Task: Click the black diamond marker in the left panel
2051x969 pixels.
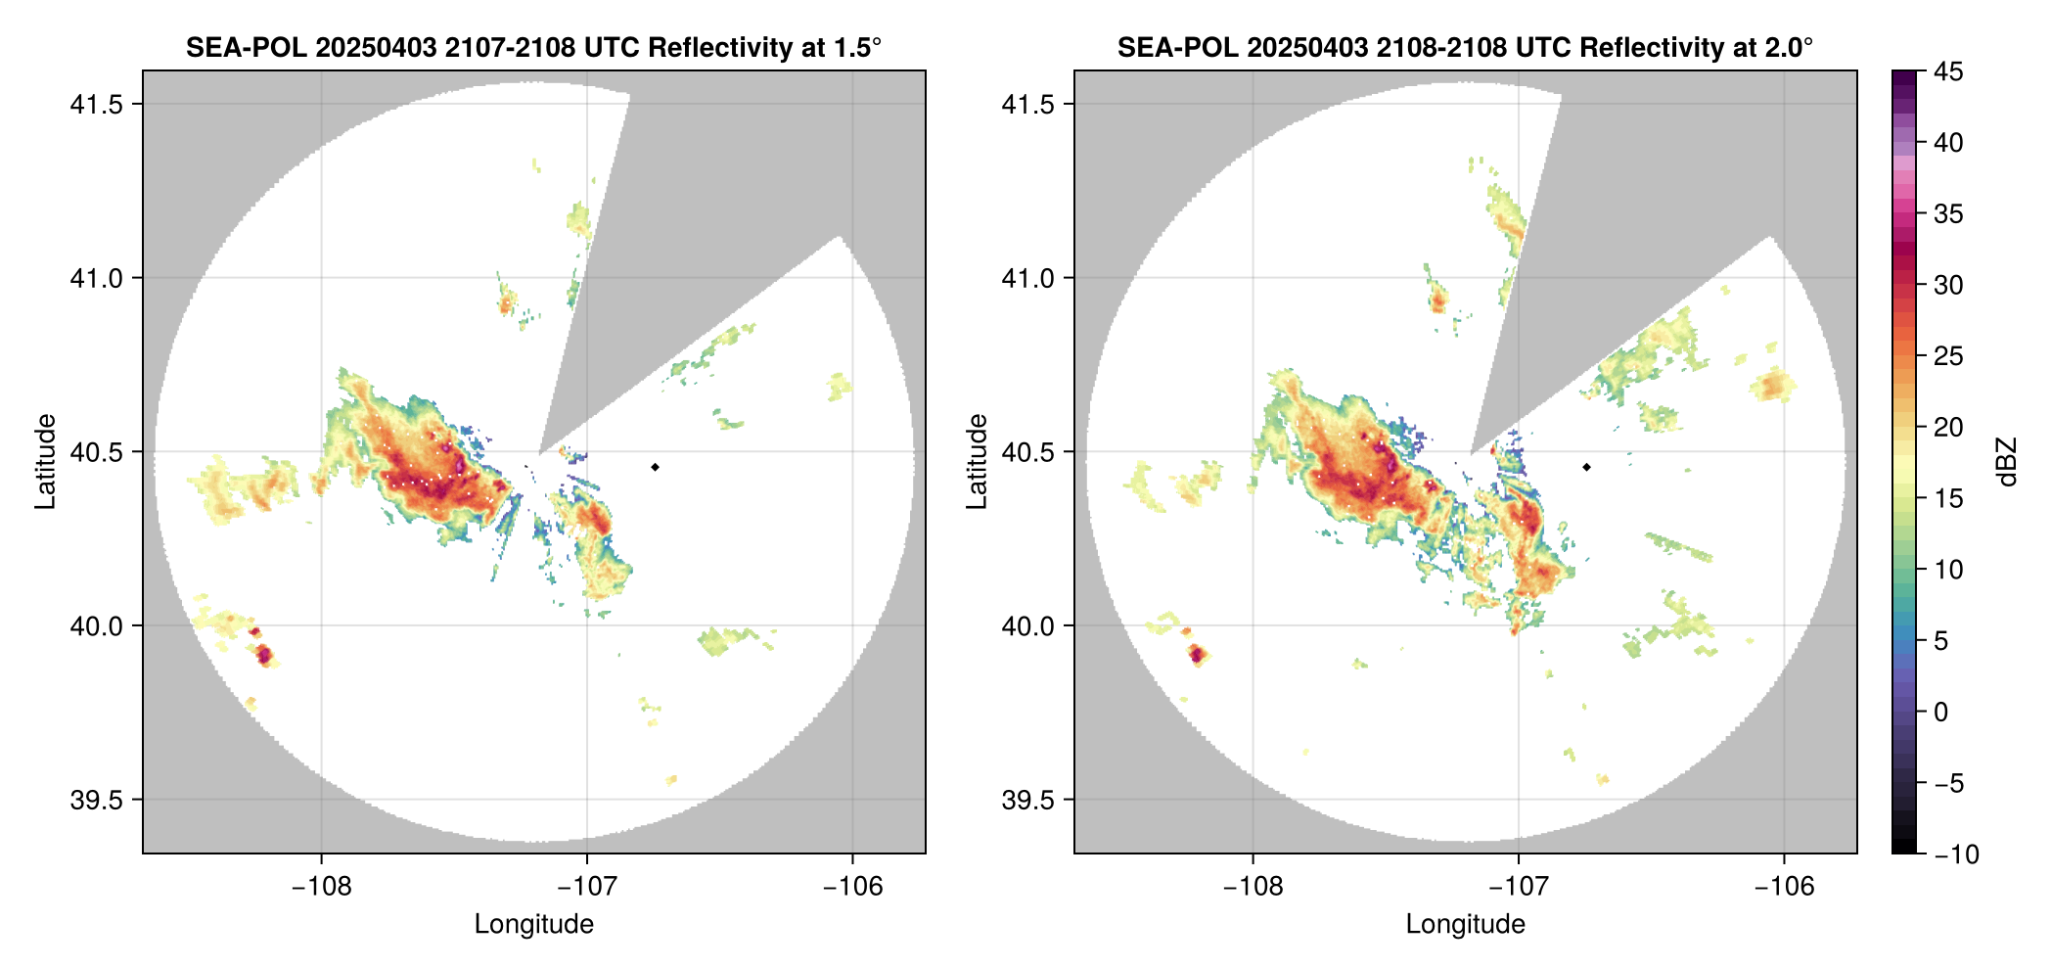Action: click(x=655, y=467)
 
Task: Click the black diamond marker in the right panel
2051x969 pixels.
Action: click(x=1586, y=467)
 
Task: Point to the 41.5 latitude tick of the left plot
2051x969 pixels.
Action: click(x=97, y=105)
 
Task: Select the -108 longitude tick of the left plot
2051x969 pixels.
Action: click(x=321, y=886)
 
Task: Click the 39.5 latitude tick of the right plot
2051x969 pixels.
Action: click(x=1028, y=800)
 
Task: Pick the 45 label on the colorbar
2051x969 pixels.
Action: click(x=1947, y=71)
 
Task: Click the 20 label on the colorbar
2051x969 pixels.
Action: click(x=1947, y=428)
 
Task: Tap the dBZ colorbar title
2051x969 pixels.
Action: click(x=2008, y=462)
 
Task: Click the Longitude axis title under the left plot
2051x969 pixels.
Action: click(x=534, y=924)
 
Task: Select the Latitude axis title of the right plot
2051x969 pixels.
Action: click(x=977, y=462)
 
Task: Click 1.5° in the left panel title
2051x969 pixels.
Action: click(x=856, y=48)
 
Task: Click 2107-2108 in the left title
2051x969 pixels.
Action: click(x=510, y=48)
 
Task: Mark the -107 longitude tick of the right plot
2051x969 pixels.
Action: click(x=1518, y=886)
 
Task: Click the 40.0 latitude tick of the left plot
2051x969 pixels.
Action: click(x=97, y=626)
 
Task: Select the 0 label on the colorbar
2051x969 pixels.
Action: click(x=1941, y=712)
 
